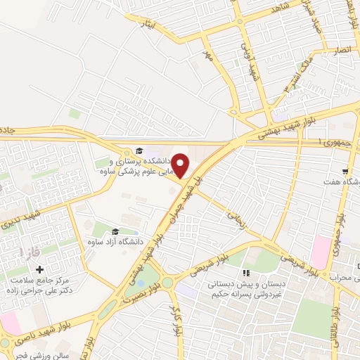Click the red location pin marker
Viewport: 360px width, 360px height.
[181, 166]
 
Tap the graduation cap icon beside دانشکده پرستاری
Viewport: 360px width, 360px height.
[139, 150]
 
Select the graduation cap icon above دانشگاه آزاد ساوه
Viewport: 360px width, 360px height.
[115, 231]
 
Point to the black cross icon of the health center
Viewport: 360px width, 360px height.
[39, 269]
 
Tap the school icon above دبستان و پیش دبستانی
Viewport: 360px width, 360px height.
[245, 273]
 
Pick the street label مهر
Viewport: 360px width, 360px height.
[206, 53]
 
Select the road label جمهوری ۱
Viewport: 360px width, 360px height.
[327, 142]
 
